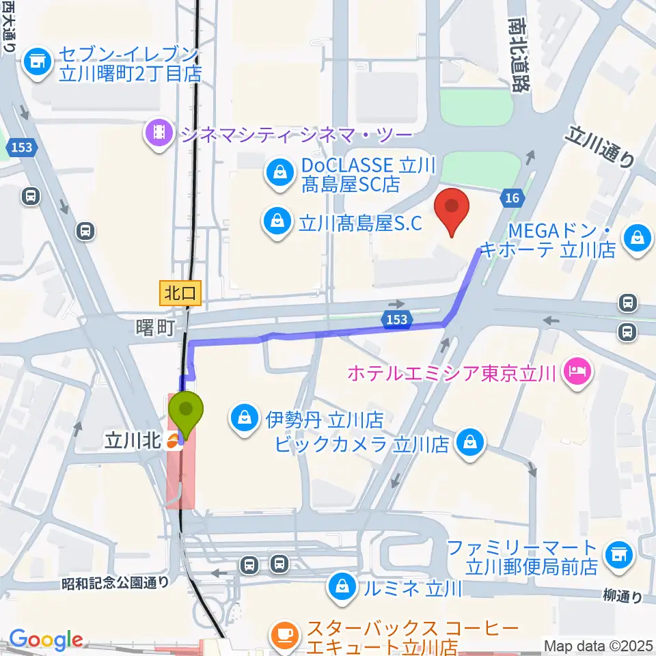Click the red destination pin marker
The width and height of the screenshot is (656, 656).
point(452,208)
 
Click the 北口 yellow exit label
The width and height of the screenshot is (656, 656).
point(180,294)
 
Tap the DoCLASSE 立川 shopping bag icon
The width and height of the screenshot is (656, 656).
point(279,172)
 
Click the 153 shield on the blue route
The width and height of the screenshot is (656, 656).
point(396,318)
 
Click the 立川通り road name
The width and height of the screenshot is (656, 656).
point(600,147)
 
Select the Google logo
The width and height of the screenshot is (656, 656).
point(46,640)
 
